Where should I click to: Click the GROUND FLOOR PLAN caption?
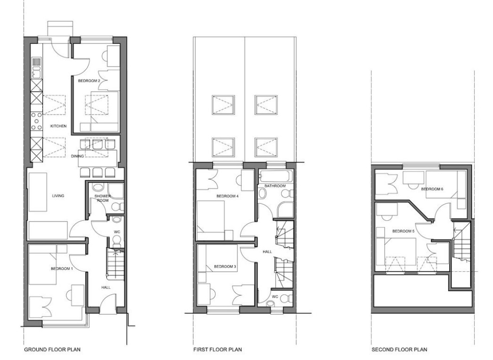click(52, 349)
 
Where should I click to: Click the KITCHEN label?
click(58, 126)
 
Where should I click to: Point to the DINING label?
click(78, 156)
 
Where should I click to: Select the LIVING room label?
click(58, 196)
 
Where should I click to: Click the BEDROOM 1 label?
click(62, 268)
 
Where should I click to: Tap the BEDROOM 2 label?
click(89, 81)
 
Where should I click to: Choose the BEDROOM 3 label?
click(225, 267)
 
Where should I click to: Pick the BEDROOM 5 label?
click(403, 231)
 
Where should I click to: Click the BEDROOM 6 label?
click(432, 189)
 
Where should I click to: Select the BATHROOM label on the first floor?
click(275, 186)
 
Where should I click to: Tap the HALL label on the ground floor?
click(106, 287)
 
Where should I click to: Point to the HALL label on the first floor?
click(268, 252)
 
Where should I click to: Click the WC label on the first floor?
click(275, 296)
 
